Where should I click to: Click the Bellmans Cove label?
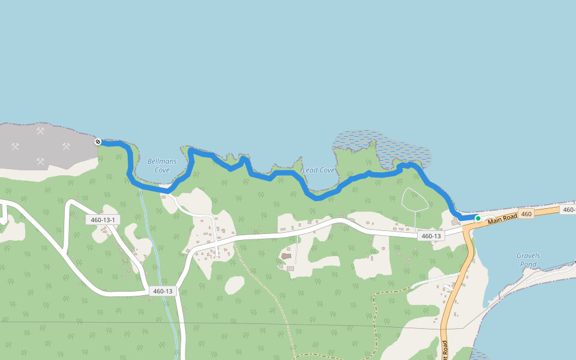coord(158,166)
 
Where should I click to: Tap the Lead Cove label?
coord(318,170)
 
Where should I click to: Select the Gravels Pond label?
coord(528,260)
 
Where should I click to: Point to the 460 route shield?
coord(526,214)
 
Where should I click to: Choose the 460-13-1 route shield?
coord(102,220)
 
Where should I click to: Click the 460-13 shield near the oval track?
coord(431,236)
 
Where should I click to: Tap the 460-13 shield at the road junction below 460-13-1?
coord(163,292)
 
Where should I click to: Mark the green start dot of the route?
coord(478,218)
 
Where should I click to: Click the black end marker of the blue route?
coord(98,142)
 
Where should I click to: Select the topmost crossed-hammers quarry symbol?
coord(40,130)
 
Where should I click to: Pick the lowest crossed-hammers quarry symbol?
coord(40,161)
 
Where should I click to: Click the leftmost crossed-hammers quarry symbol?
coord(15,146)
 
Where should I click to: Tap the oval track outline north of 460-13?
coord(415,199)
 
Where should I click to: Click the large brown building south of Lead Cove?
coord(286,257)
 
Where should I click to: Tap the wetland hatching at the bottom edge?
coord(479,355)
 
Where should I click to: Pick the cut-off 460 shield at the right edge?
coord(569,209)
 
